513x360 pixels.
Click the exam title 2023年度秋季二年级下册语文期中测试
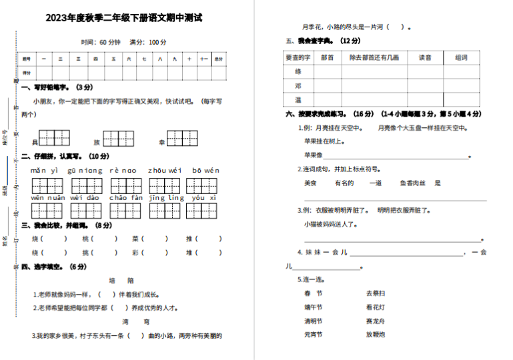tap(124, 18)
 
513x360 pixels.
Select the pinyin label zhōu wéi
tap(164, 171)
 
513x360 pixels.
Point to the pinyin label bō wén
tap(205, 171)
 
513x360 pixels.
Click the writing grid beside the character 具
tap(54, 138)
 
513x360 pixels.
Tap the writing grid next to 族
tap(118, 138)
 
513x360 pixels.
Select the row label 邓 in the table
tap(298, 85)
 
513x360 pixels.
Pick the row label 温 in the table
tap(298, 99)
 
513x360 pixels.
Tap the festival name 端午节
tap(313, 307)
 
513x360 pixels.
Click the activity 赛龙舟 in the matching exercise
tap(375, 321)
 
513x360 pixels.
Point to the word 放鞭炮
tap(375, 334)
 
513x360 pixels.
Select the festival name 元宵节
tap(313, 334)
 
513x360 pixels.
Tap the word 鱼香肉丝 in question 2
tap(412, 183)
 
